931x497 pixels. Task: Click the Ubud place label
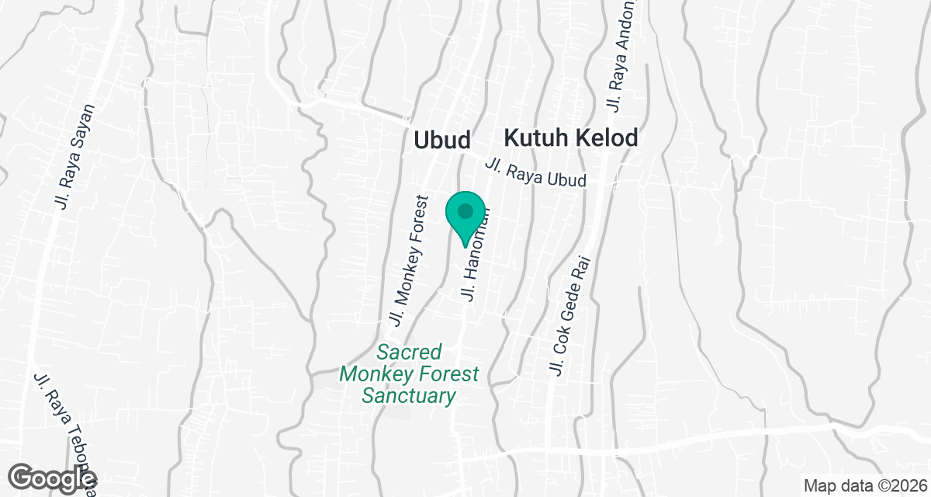(x=442, y=140)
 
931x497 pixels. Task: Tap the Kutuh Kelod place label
(x=571, y=138)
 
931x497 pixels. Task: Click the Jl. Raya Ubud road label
(x=535, y=173)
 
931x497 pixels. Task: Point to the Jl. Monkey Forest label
(x=409, y=259)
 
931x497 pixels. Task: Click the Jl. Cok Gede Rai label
(x=569, y=316)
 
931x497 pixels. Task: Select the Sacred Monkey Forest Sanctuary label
(x=409, y=374)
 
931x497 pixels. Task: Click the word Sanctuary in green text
(x=408, y=396)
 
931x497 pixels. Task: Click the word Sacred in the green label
(x=409, y=352)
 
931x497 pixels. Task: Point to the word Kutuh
(x=535, y=138)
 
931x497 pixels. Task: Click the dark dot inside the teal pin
(x=465, y=210)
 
